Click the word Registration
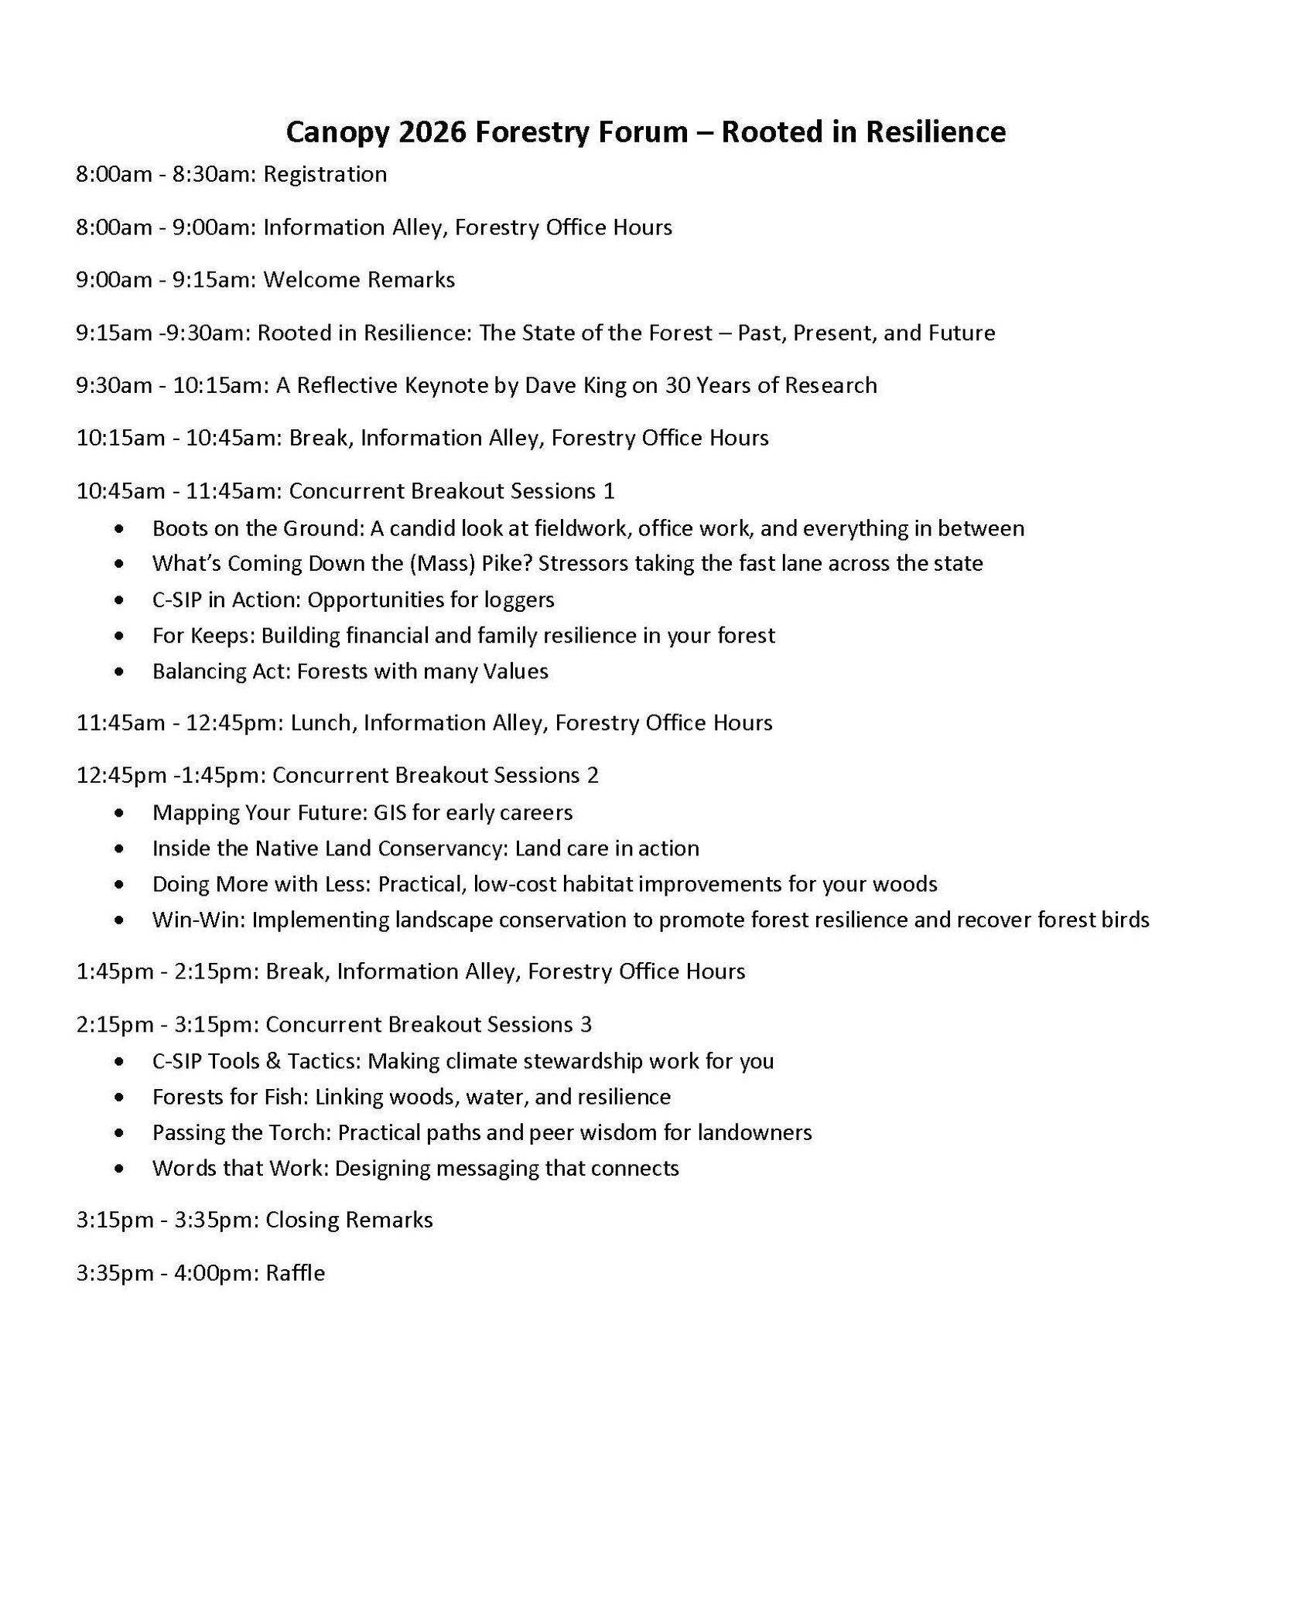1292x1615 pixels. pos(325,174)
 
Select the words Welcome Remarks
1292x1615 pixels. pos(359,279)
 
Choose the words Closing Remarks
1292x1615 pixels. pos(349,1220)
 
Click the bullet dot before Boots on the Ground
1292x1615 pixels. pos(118,529)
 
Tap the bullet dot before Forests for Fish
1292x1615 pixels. pos(118,1098)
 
